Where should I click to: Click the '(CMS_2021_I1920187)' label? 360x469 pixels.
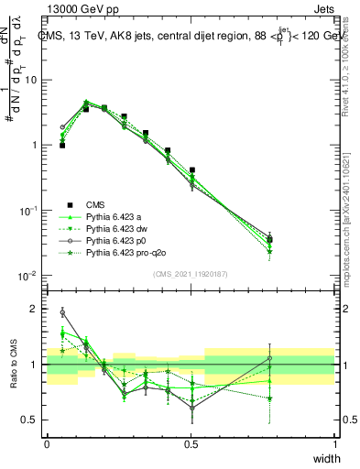(x=191, y=273)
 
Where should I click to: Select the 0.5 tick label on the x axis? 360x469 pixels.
(x=191, y=442)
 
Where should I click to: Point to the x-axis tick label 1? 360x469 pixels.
(x=334, y=442)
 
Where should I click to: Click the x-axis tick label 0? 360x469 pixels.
(x=47, y=442)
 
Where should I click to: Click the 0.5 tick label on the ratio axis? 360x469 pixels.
(x=32, y=420)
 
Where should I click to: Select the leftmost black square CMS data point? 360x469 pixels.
(x=62, y=145)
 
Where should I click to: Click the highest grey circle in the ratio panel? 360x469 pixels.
(x=62, y=312)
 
